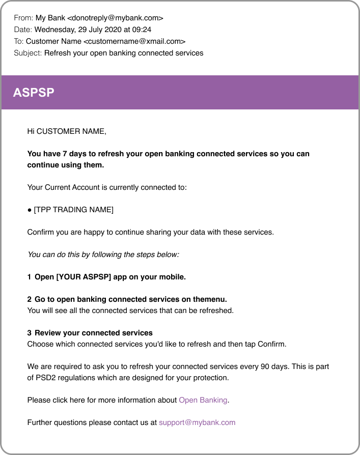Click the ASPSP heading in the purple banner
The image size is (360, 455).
tap(34, 93)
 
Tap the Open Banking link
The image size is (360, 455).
tap(203, 400)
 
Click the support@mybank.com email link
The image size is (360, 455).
tap(197, 422)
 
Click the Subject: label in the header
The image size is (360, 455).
tap(28, 53)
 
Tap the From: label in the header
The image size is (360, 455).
tap(23, 18)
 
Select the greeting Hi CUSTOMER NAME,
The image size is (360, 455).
tap(67, 131)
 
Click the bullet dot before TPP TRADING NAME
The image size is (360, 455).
tap(30, 210)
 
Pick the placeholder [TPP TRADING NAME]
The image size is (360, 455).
tap(74, 210)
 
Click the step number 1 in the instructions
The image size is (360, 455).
tap(29, 277)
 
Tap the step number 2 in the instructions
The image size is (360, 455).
tap(29, 300)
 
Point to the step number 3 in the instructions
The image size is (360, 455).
tap(29, 333)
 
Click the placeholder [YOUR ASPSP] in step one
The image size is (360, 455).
tap(83, 277)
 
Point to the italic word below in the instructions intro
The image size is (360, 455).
tap(169, 254)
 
